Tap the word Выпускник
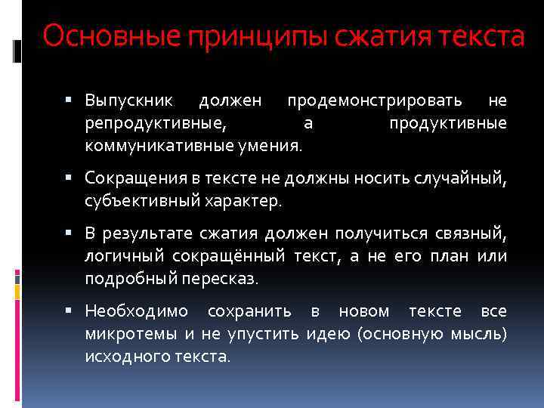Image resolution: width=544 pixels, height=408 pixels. click(x=129, y=100)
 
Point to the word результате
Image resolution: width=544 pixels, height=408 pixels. click(x=144, y=234)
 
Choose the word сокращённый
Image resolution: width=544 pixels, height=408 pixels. click(x=233, y=256)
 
